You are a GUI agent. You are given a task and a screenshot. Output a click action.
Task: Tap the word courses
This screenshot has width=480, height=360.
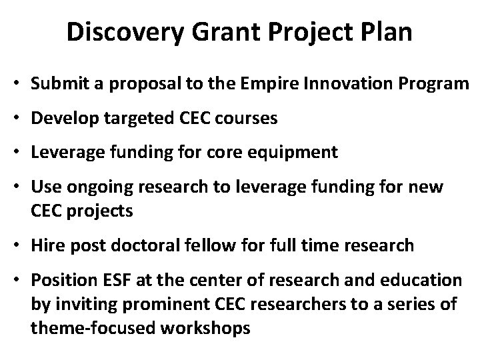[246, 120]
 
